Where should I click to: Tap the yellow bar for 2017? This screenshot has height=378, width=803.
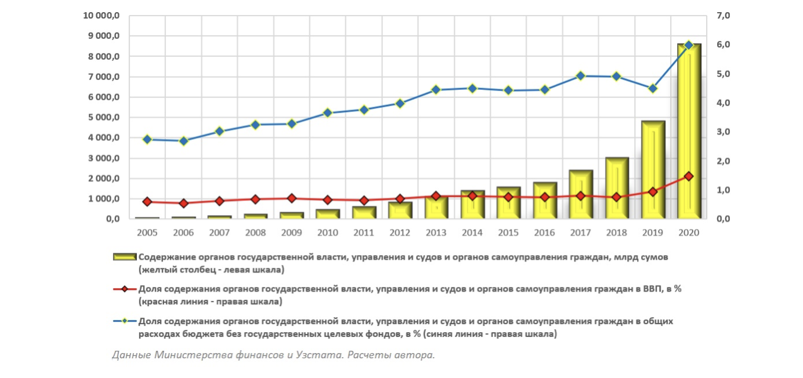[x=581, y=194]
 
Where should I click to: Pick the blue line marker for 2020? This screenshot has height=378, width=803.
[x=689, y=45]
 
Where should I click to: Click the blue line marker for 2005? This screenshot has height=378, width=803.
[x=147, y=140]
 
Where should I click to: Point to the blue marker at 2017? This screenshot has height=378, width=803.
[x=581, y=76]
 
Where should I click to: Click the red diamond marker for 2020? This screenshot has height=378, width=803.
[x=689, y=176]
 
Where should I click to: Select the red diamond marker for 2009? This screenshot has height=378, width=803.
[x=292, y=198]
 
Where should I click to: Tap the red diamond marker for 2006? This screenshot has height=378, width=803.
[x=183, y=203]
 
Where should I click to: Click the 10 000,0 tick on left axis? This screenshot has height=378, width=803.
[x=102, y=16]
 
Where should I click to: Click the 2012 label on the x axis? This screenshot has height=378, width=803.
[x=400, y=232]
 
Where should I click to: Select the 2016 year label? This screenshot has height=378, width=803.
[x=544, y=232]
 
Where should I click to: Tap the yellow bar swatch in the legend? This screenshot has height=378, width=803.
[x=125, y=256]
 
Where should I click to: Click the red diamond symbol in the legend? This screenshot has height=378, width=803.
[x=125, y=289]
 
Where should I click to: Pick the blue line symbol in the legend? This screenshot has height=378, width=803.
[x=125, y=321]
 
